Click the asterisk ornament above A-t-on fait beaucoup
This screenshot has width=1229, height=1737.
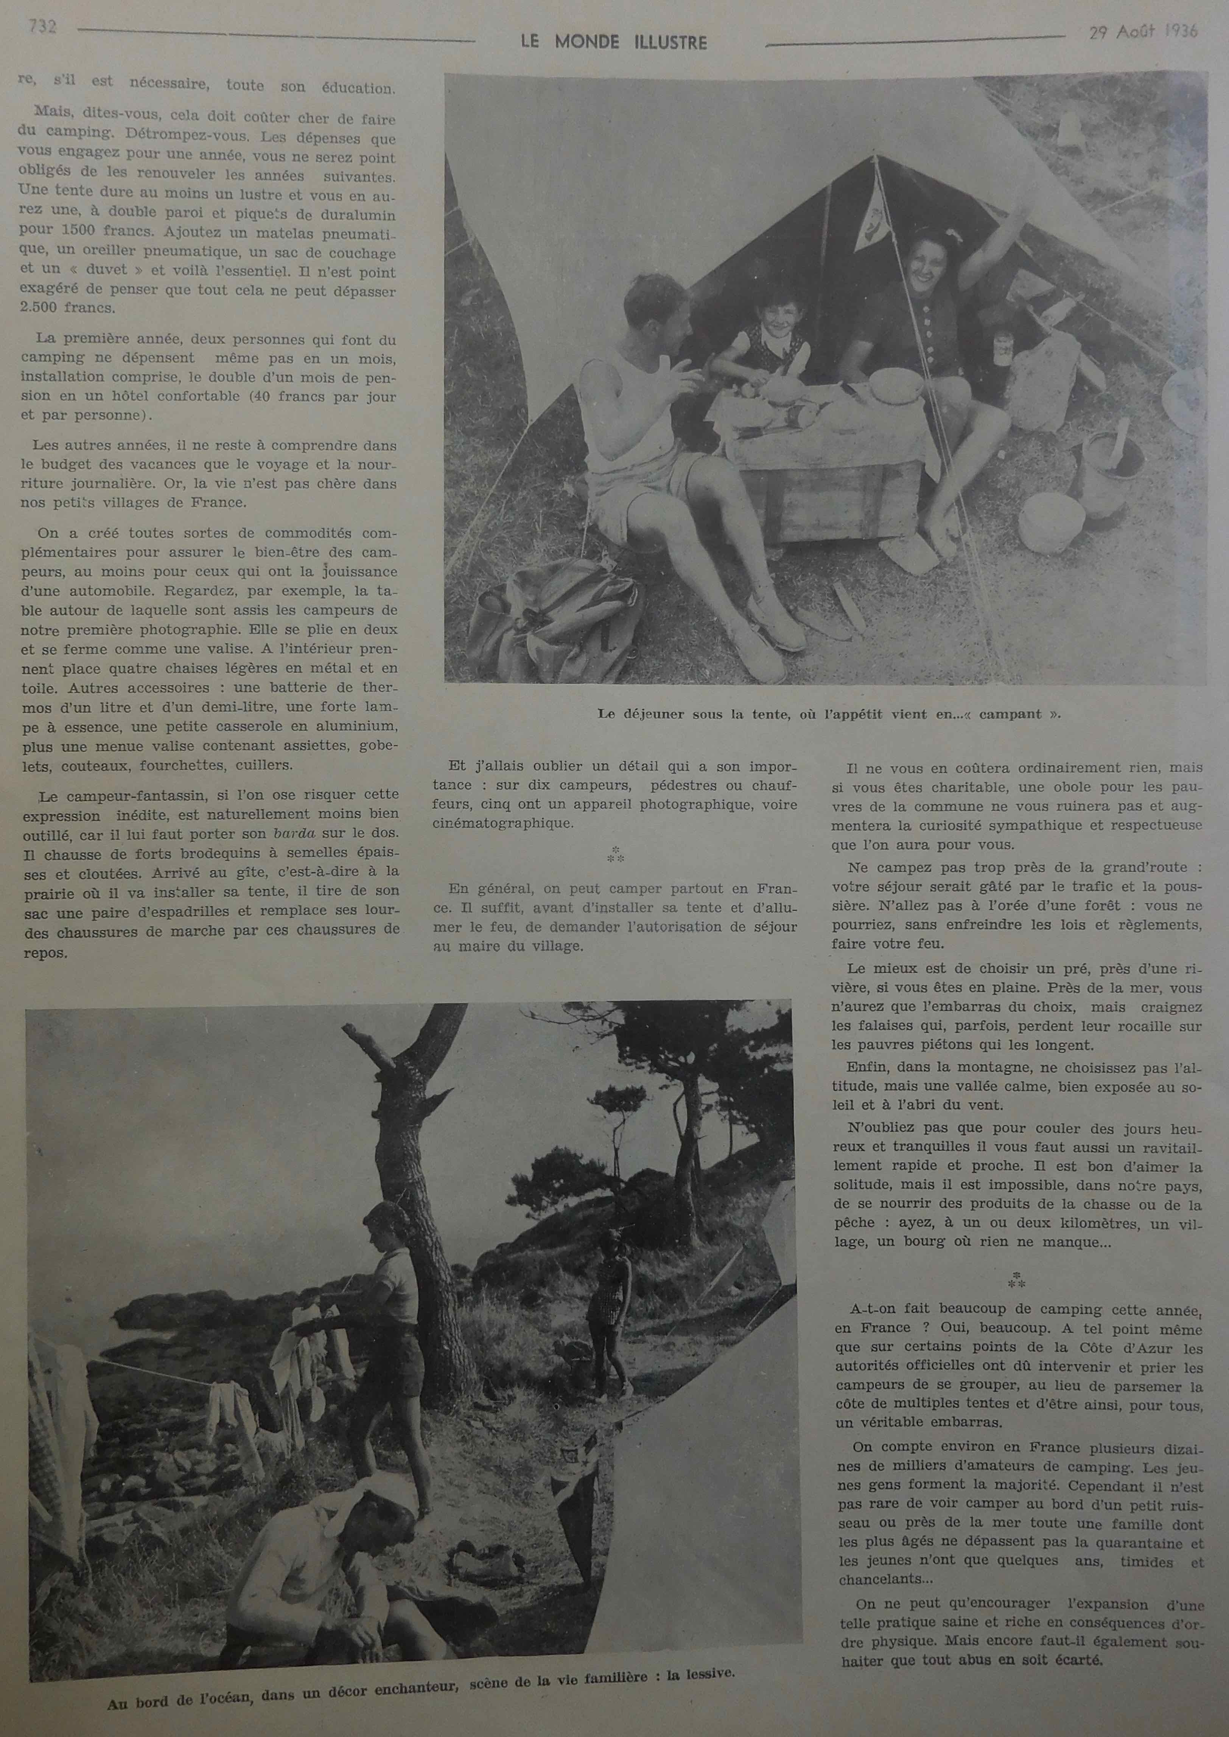pos(1016,1281)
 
